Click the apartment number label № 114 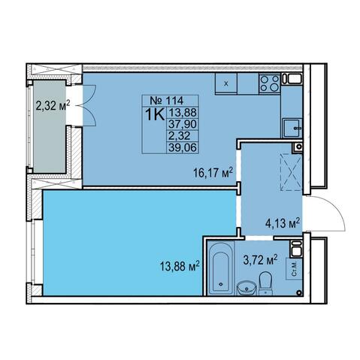[167, 101]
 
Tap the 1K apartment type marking [155, 115]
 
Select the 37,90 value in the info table [183, 124]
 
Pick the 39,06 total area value [183, 147]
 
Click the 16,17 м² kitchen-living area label [213, 173]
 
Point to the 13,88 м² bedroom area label [180, 266]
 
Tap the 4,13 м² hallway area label [283, 222]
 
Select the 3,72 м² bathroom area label [261, 260]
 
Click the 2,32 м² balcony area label [53, 105]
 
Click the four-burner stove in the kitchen [270, 83]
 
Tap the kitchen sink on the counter [292, 128]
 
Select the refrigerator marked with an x [226, 83]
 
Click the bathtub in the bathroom [221, 268]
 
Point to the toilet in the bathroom [265, 283]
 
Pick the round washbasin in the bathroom [247, 288]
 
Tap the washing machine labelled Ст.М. [295, 269]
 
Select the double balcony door [89, 105]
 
